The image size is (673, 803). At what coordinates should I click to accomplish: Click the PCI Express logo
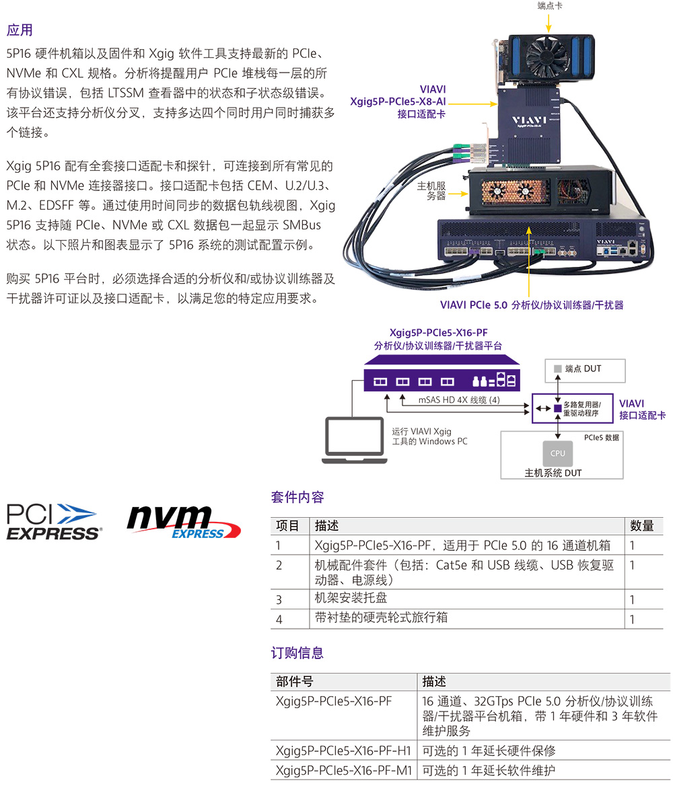pos(54,521)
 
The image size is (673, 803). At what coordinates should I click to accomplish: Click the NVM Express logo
pos(183,522)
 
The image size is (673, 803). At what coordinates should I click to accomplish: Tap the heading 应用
pos(20,30)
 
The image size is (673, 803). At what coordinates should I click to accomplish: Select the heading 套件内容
pos(297,498)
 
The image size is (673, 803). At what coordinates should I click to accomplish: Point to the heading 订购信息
pos(297,652)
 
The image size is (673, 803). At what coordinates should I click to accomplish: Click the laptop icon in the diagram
pos(354,441)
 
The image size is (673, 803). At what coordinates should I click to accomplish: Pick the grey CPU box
pos(557,453)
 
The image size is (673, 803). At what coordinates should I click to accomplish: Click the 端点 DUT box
pos(585,369)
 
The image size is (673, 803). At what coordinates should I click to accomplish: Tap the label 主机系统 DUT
pos(553,473)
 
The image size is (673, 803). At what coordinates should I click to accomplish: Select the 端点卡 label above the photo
pos(550,6)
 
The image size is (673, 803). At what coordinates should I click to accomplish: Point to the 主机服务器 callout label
pos(431,190)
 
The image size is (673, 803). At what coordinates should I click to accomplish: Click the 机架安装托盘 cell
pos(351,598)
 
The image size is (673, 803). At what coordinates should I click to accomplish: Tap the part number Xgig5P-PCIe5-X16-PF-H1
pos(343,751)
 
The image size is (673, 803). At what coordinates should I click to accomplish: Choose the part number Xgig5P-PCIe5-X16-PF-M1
pos(343,771)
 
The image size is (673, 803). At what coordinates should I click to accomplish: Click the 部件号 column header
pos(295,681)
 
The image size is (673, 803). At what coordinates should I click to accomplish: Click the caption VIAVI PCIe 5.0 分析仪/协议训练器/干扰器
pos(532,305)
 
